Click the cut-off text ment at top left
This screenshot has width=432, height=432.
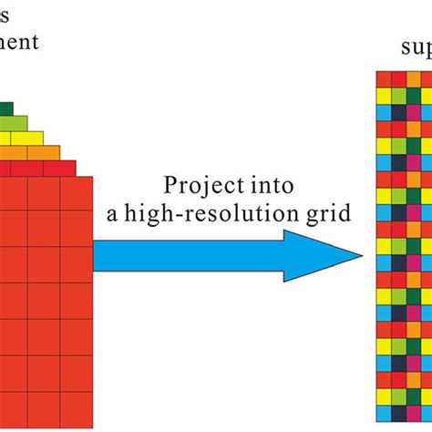coord(18,42)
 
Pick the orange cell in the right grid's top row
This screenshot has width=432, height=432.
coord(413,78)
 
